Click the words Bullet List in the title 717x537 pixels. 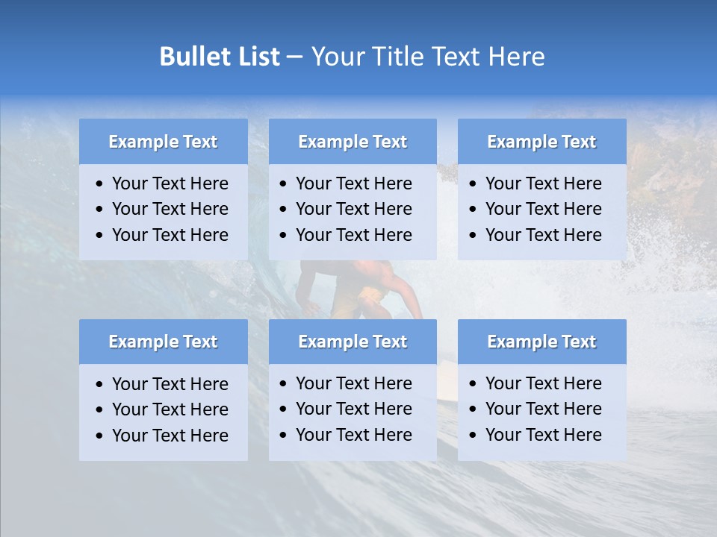click(220, 57)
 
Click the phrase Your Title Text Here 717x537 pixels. click(427, 57)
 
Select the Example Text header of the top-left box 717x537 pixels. click(163, 142)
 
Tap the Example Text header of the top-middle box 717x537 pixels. click(353, 142)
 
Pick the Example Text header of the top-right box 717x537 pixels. click(541, 142)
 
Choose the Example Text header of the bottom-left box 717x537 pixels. click(163, 342)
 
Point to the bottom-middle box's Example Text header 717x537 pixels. click(353, 342)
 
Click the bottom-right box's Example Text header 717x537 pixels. click(541, 342)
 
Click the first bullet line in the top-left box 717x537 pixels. click(170, 183)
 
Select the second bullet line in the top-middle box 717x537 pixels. click(353, 209)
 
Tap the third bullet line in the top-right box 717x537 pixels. click(543, 235)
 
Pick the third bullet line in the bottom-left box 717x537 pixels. click(170, 436)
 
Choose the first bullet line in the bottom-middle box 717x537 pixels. click(353, 383)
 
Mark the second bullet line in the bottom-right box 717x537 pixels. click(543, 409)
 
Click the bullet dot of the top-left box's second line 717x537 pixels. click(100, 210)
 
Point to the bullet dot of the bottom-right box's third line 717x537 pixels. click(474, 436)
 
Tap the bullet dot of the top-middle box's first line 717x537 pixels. click(284, 184)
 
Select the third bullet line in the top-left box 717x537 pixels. click(170, 235)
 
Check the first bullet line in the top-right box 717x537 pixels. click(543, 183)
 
